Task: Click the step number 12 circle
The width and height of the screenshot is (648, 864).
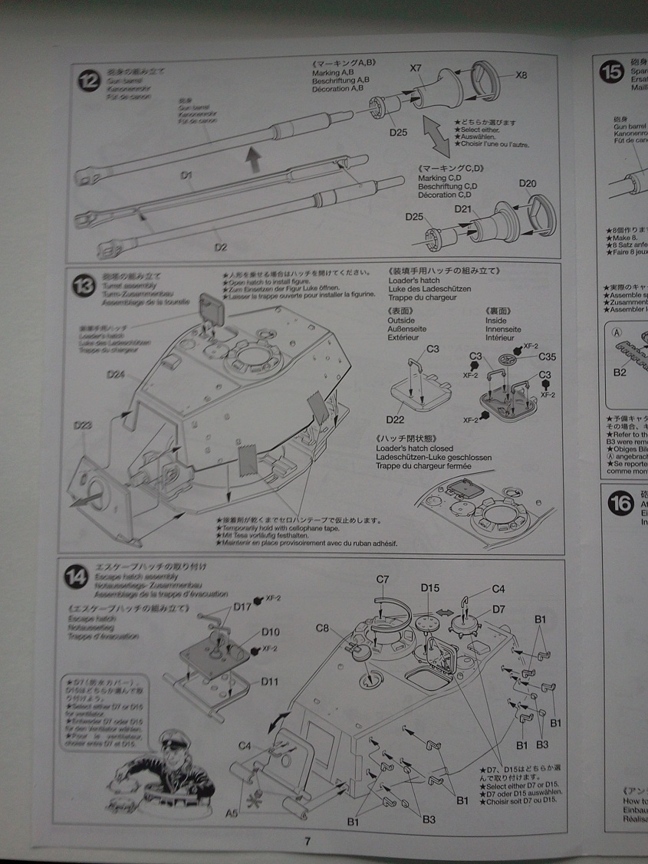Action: [89, 80]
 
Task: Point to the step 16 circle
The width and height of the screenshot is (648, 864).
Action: [620, 503]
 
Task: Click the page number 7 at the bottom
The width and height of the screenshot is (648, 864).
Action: [308, 841]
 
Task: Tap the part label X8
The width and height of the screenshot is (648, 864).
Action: [521, 74]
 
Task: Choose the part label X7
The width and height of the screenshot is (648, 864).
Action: [416, 68]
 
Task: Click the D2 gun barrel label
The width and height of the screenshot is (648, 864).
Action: [220, 247]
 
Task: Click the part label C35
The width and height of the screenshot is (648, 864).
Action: [547, 356]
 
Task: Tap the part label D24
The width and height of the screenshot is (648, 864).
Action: [116, 374]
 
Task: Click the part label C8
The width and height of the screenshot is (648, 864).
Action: [323, 629]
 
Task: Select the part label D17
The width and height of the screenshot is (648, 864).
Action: [243, 606]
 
